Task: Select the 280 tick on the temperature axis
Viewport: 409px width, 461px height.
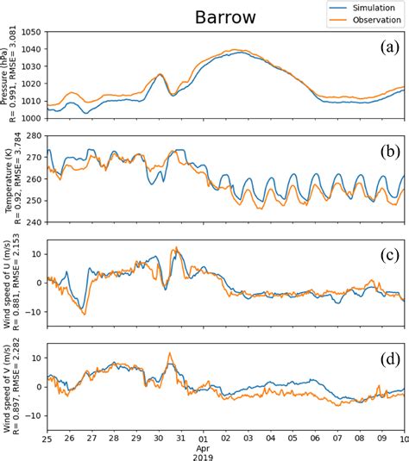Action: pyautogui.click(x=33, y=136)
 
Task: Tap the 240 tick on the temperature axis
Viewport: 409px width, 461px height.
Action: pyautogui.click(x=33, y=222)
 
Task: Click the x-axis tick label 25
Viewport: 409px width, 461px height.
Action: pyautogui.click(x=47, y=438)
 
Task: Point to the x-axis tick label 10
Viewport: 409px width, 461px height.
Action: pyautogui.click(x=403, y=438)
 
